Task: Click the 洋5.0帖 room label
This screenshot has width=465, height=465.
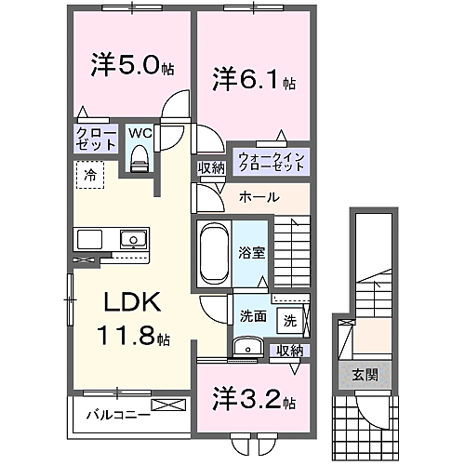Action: click(130, 67)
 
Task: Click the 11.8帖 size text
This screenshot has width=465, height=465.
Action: click(132, 334)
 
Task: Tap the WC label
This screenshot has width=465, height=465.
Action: click(139, 133)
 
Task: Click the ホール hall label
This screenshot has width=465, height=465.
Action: click(258, 196)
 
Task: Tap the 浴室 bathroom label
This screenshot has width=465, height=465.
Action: click(248, 250)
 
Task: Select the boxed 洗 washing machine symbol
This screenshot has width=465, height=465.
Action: click(290, 321)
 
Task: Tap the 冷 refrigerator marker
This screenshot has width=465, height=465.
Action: click(90, 174)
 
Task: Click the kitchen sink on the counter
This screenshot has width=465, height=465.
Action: click(133, 240)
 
